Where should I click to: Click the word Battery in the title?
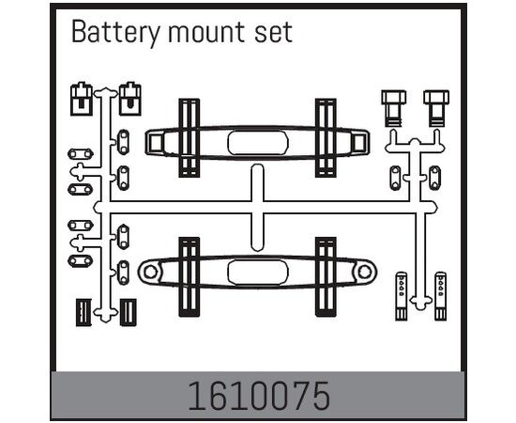(x=115, y=33)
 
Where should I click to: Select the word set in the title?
(x=273, y=33)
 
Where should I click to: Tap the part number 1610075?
(x=259, y=396)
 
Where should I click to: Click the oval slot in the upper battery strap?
(x=258, y=143)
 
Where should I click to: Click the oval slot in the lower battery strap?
(x=258, y=273)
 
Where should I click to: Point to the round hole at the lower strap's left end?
(x=150, y=272)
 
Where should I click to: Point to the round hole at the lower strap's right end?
(x=365, y=273)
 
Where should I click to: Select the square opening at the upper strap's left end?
(x=155, y=143)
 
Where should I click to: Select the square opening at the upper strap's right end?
(x=358, y=143)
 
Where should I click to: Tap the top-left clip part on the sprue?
(x=82, y=99)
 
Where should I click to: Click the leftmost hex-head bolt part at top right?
(x=394, y=108)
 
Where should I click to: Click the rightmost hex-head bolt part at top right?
(x=436, y=108)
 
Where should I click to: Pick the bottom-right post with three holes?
(x=440, y=296)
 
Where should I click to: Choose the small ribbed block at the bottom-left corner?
(x=83, y=312)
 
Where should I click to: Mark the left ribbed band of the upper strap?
(x=190, y=137)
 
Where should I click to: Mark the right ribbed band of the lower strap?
(x=326, y=276)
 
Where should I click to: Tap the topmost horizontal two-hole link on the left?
(x=81, y=153)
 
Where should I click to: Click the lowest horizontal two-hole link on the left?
(x=81, y=260)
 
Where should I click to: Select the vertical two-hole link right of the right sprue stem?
(x=434, y=178)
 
